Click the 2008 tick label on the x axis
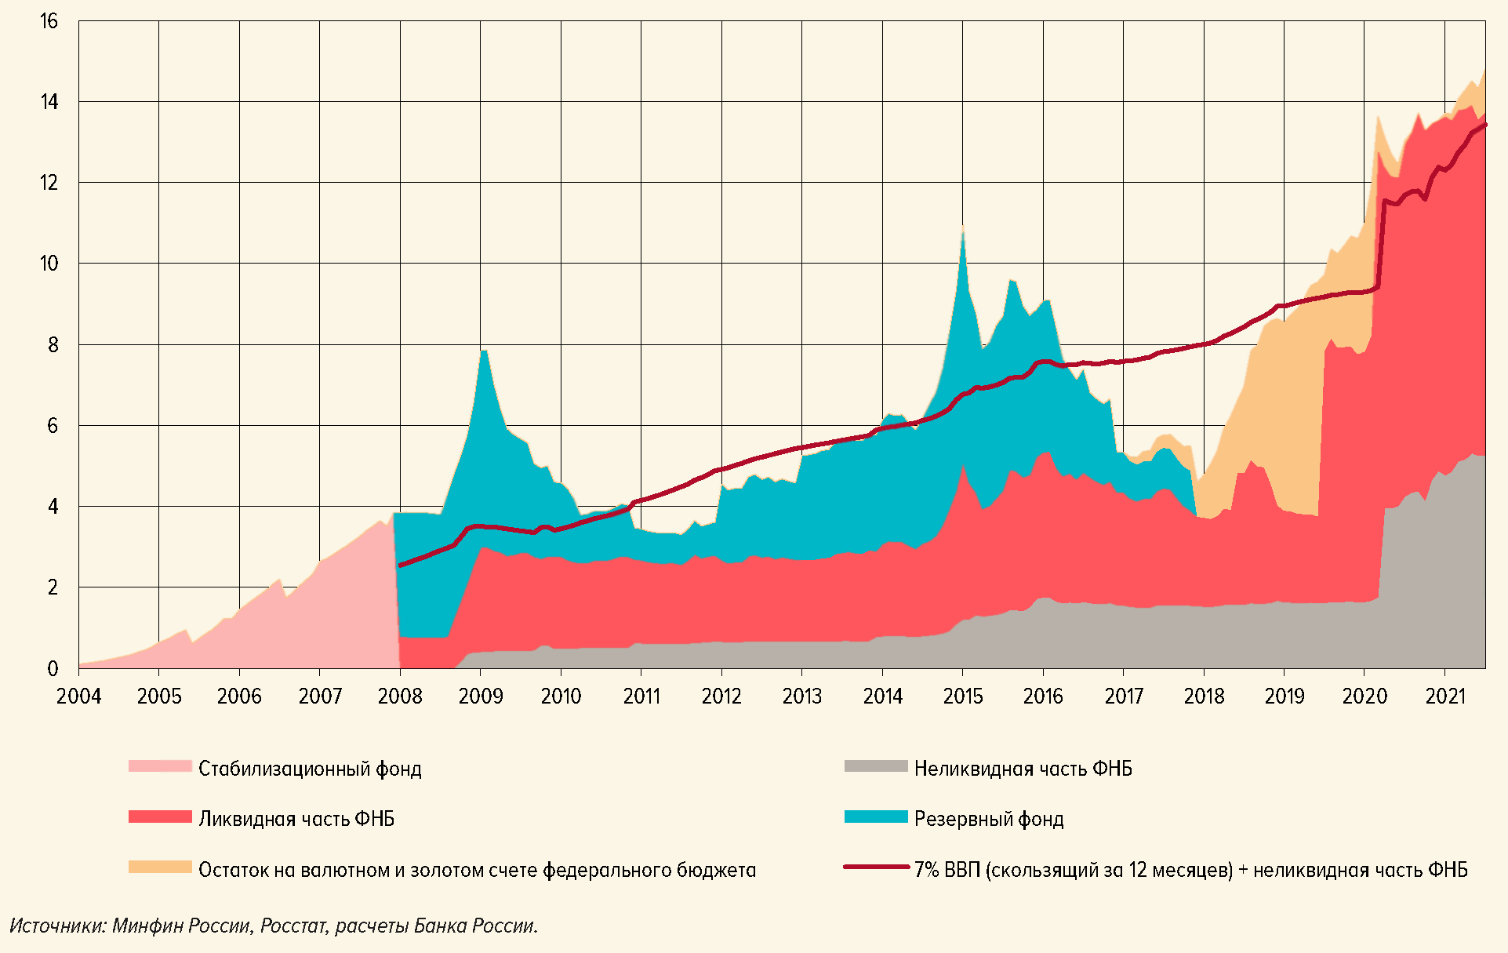[400, 696]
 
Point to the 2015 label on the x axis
[962, 696]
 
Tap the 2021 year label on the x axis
[1445, 696]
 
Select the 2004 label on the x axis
[78, 696]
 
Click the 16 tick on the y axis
[49, 21]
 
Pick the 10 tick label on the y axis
[49, 264]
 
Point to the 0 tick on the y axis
[53, 668]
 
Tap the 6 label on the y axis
[53, 425]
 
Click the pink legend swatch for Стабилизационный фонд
[160, 766]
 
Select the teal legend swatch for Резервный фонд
[876, 817]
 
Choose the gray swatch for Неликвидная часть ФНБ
[876, 766]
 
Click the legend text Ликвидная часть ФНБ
[296, 819]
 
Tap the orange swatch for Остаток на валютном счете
[160, 867]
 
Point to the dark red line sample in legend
[876, 868]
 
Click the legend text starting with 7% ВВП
[1190, 870]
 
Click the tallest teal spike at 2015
[962, 229]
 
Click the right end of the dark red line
[1484, 125]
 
